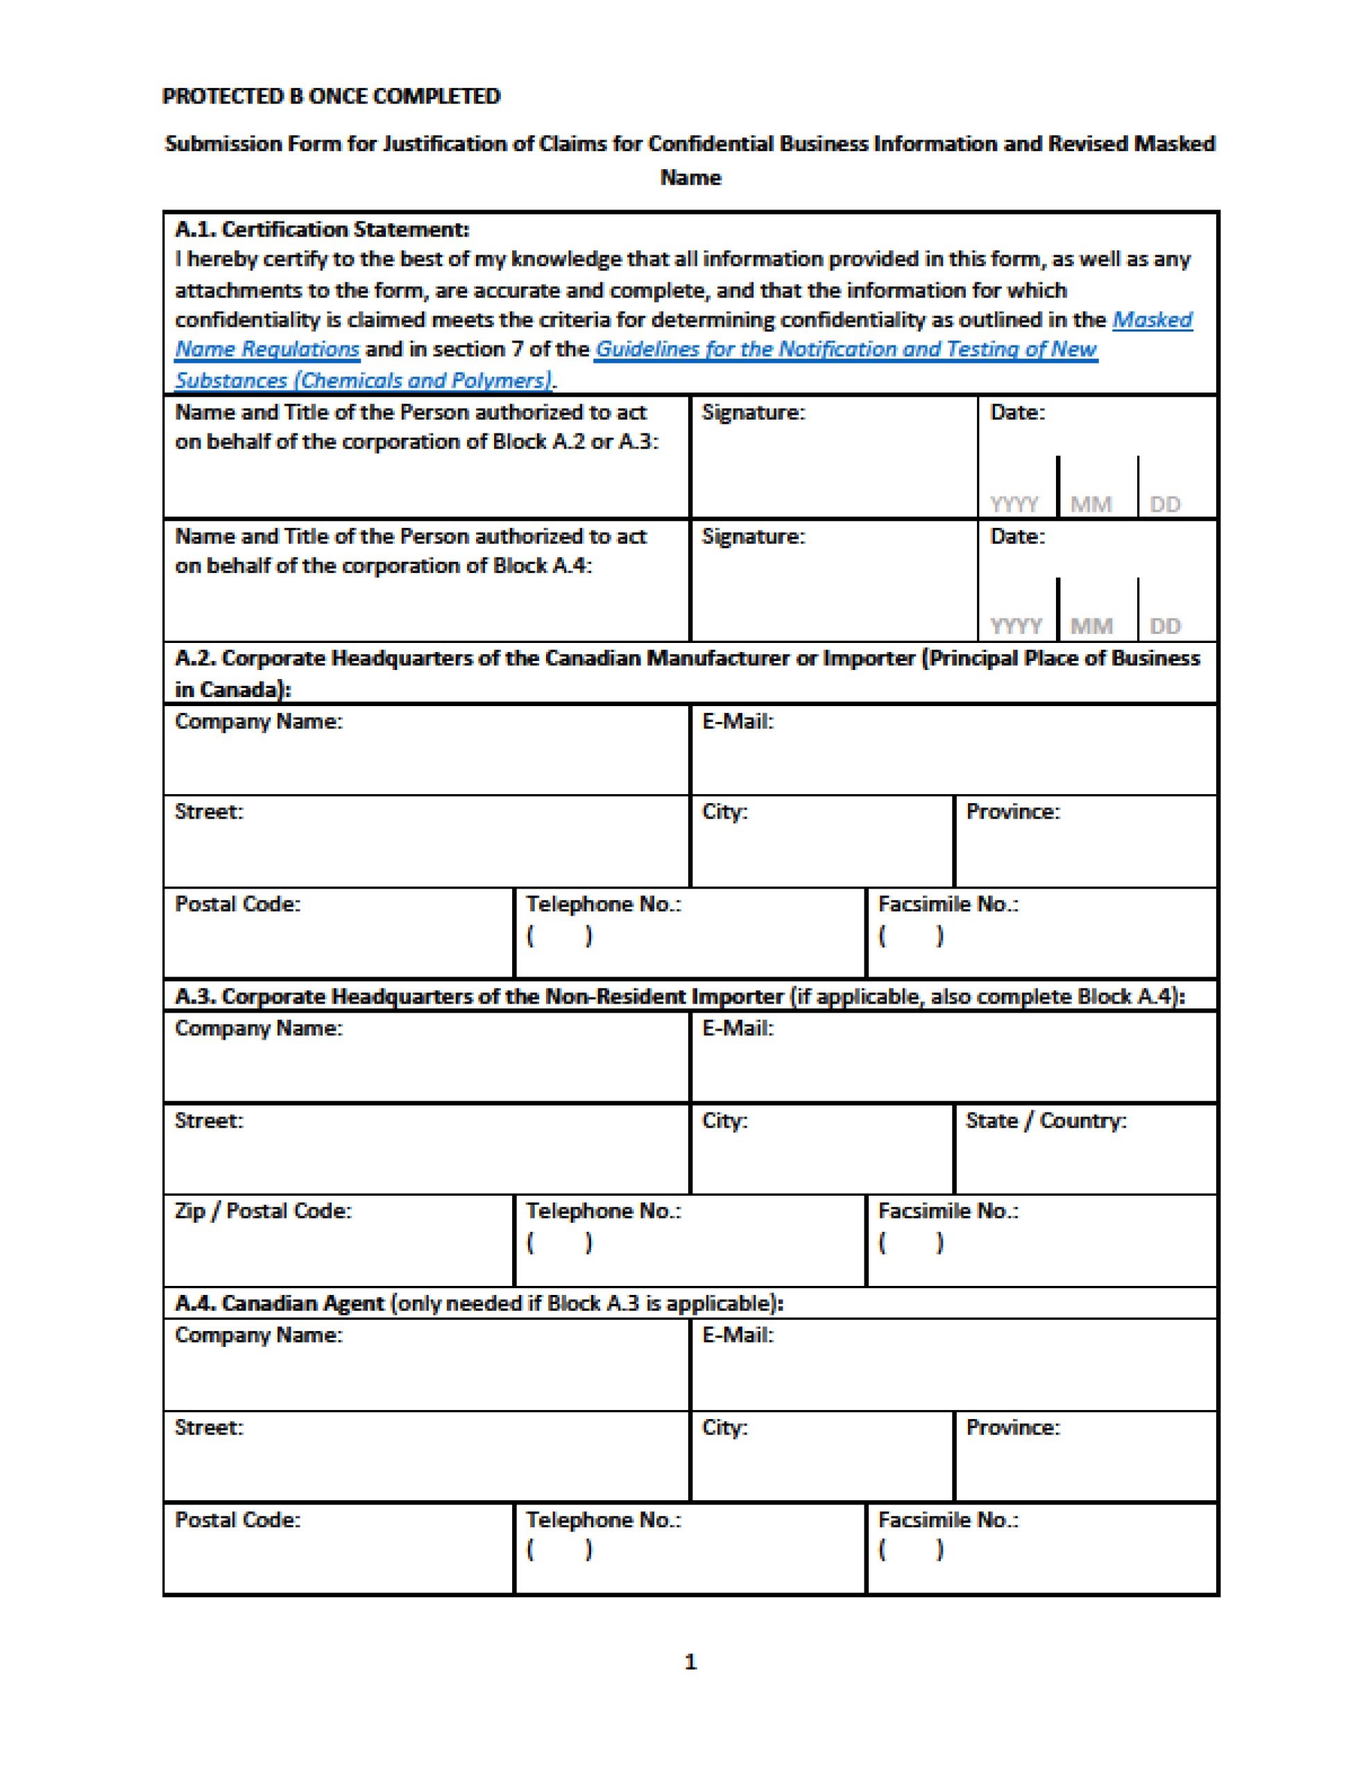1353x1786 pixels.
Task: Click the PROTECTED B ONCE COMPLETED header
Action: [331, 96]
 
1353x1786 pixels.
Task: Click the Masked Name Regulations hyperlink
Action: [1150, 320]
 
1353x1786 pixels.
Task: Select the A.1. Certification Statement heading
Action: [321, 230]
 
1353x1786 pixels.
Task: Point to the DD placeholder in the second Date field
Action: [1164, 626]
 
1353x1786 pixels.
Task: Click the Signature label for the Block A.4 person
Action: [753, 536]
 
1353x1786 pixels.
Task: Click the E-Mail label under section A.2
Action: [737, 721]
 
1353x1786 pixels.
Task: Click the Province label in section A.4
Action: [1012, 1427]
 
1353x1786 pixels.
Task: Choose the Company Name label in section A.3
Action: [259, 1029]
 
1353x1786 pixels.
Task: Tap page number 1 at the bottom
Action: [690, 1663]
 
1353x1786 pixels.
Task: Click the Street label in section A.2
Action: [208, 812]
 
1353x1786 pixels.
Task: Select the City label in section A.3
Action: [724, 1121]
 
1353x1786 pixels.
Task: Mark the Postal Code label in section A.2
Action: [237, 904]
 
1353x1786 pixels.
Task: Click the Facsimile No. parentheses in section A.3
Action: [910, 1243]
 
